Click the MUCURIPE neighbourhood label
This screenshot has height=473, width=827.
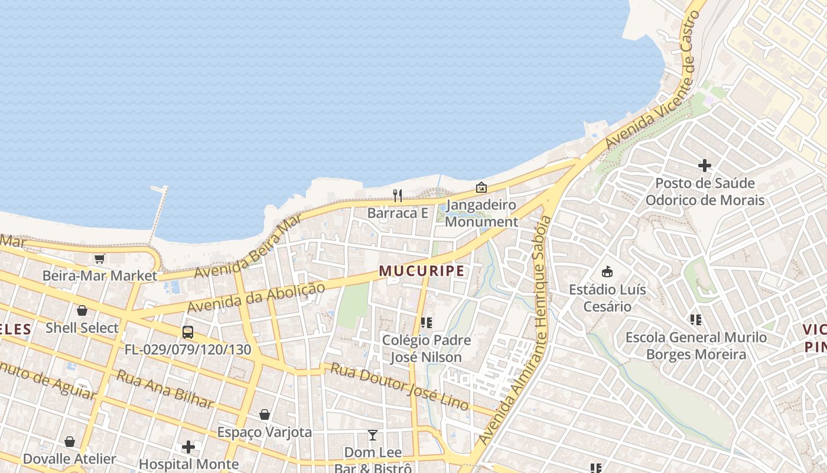click(x=421, y=271)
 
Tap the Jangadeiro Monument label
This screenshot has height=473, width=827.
click(x=481, y=213)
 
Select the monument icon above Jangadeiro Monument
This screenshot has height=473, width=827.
click(x=481, y=187)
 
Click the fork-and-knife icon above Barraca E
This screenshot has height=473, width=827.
click(x=398, y=195)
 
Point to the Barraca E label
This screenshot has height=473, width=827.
click(x=398, y=213)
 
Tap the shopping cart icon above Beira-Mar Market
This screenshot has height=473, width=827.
click(x=99, y=258)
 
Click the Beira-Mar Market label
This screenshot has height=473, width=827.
click(x=100, y=276)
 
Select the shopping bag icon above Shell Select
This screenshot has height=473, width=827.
click(x=82, y=310)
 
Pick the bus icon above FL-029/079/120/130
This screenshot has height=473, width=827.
click(x=188, y=332)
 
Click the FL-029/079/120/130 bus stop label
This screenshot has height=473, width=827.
click(x=188, y=349)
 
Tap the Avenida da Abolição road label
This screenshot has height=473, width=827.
click(x=256, y=298)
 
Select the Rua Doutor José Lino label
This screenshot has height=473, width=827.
click(x=399, y=387)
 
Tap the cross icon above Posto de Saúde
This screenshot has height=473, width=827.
click(x=705, y=166)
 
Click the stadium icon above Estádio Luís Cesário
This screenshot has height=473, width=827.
click(x=607, y=272)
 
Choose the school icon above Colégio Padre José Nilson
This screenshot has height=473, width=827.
click(x=426, y=323)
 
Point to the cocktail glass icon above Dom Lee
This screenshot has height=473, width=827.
click(x=372, y=435)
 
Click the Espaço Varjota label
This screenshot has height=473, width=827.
click(x=264, y=432)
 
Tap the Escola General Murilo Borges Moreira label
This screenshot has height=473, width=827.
click(x=696, y=346)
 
